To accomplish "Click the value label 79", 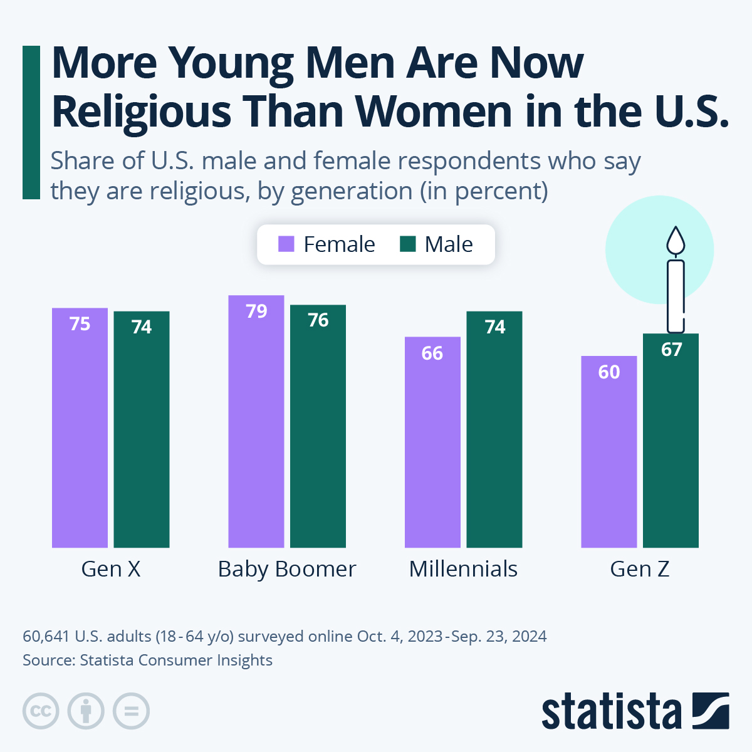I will (x=256, y=311).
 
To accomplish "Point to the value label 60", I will (x=609, y=372).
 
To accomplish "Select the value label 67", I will (x=671, y=349).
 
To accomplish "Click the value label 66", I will (x=432, y=353).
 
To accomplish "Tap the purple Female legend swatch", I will (x=286, y=244).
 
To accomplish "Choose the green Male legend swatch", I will (x=407, y=244).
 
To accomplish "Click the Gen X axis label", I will (x=111, y=569).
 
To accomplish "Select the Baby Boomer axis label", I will (x=287, y=569).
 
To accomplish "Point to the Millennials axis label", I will (x=463, y=569).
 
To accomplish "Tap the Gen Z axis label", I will (x=640, y=569).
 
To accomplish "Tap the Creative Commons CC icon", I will (x=41, y=711).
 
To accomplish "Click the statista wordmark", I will (x=611, y=711).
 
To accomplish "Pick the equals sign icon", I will (x=131, y=711).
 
